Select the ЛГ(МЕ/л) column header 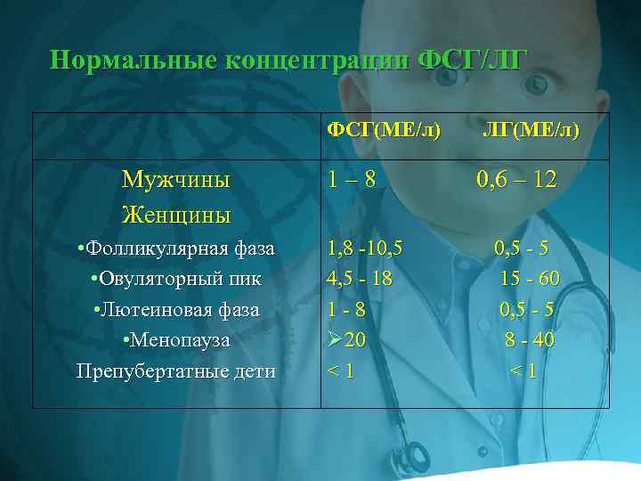(531, 131)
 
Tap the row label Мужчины (175, 180)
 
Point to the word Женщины (175, 215)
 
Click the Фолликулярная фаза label (175, 248)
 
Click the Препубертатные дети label (175, 371)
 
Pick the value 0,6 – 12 (516, 181)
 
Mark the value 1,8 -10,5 (365, 248)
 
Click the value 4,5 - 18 (360, 279)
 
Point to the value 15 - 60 (530, 279)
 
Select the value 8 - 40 (530, 340)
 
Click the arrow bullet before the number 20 (336, 339)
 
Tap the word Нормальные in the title (132, 60)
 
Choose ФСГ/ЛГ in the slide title (474, 60)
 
